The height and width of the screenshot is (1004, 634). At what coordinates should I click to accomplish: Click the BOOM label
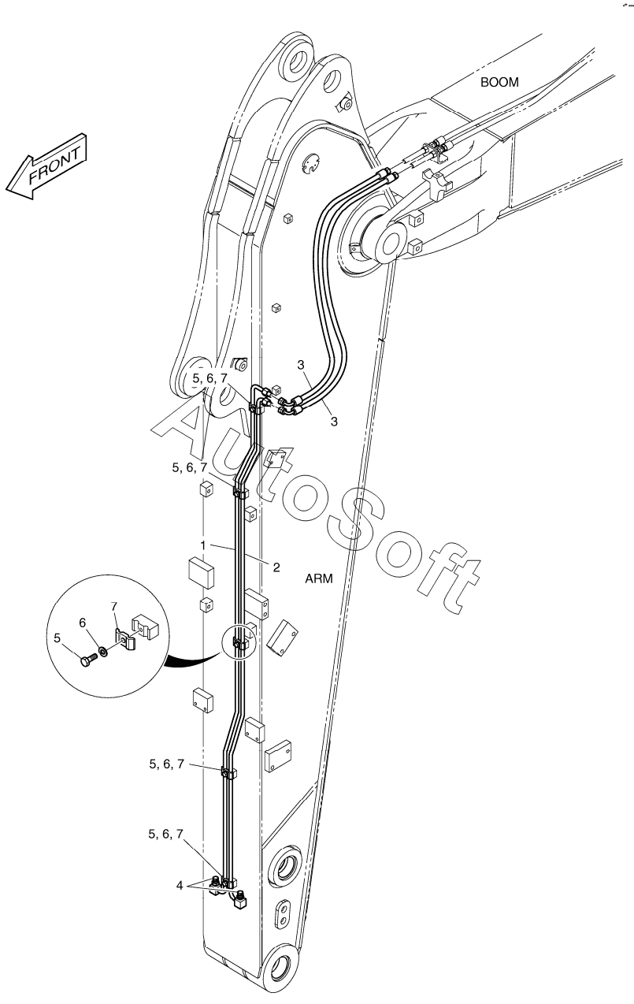click(499, 83)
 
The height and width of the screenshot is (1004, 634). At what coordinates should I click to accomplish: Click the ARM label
click(319, 578)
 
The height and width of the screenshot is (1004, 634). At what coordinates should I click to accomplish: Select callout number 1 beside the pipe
click(203, 545)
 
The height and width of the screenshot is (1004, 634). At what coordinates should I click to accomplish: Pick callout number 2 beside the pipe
click(276, 567)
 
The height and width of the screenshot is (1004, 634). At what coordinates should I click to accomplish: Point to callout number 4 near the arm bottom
click(180, 885)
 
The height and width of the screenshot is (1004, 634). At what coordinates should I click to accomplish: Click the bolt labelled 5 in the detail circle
click(88, 660)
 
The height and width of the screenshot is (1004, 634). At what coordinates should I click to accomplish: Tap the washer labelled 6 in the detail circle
click(103, 650)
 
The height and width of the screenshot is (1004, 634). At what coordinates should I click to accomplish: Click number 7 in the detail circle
click(114, 607)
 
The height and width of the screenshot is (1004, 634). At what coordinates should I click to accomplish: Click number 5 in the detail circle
click(57, 638)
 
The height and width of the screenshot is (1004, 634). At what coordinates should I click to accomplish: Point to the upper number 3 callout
click(301, 365)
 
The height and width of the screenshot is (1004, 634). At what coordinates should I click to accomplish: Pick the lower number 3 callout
click(334, 422)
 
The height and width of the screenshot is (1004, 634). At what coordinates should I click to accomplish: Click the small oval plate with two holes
click(282, 912)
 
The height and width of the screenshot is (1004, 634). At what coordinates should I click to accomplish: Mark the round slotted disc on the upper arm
click(310, 163)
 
